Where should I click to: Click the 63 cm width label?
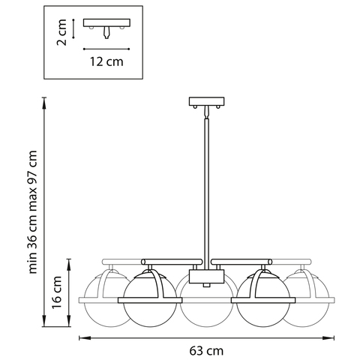click(206, 351)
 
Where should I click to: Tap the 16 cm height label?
click(57, 292)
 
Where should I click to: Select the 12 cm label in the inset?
click(106, 61)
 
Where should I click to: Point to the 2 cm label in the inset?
click(61, 32)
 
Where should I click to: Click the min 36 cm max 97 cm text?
click(33, 212)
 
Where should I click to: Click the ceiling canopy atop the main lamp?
click(206, 101)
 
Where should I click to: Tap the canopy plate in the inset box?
click(106, 22)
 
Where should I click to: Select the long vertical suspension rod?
click(207, 194)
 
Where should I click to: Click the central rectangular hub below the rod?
click(206, 277)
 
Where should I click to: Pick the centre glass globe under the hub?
click(206, 313)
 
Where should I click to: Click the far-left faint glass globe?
click(105, 313)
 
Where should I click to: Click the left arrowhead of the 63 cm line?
click(83, 338)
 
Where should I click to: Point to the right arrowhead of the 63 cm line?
click(330, 338)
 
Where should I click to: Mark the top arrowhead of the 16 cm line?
click(69, 263)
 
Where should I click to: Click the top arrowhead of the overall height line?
click(44, 102)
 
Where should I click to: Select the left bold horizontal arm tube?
click(172, 262)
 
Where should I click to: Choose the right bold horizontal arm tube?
click(241, 262)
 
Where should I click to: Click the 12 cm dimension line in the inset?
click(106, 49)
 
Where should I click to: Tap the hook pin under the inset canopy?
click(106, 32)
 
